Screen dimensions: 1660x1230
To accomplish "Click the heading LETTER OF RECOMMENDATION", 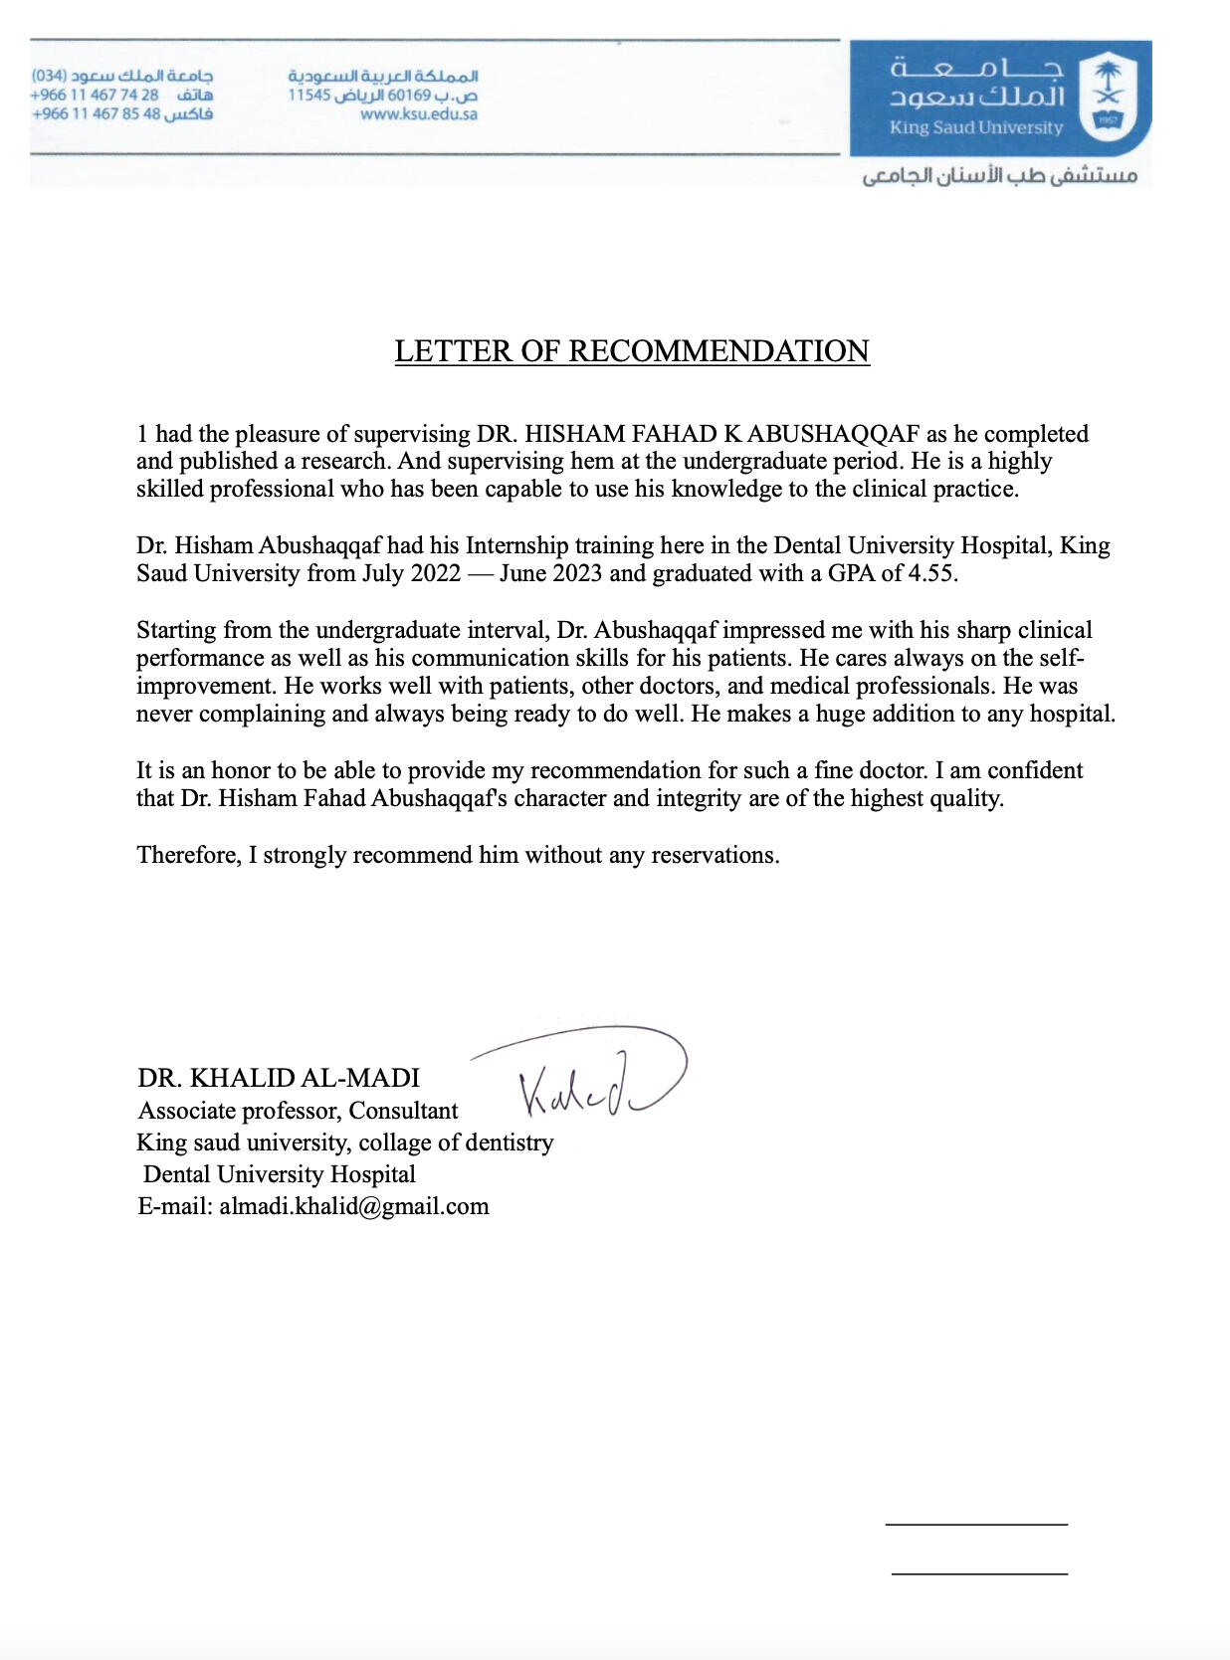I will pos(632,351).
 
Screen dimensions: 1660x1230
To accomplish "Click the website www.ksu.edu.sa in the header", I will pos(419,114).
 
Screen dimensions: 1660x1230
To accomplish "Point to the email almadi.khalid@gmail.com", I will pos(354,1206).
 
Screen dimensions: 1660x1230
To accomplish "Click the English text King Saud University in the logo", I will pos(975,127).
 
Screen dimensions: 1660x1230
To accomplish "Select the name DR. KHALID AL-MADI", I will pos(279,1078).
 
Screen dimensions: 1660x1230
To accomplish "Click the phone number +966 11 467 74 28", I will pos(95,95).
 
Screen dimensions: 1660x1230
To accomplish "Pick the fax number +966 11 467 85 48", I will pos(97,113).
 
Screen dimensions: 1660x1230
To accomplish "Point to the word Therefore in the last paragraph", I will pos(187,855).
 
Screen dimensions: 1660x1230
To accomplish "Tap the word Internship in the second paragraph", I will pos(517,545).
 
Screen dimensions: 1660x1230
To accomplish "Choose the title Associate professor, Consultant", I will pos(299,1111).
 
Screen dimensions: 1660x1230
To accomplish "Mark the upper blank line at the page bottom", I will pos(975,1524).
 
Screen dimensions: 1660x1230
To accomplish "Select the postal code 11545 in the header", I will pos(308,96).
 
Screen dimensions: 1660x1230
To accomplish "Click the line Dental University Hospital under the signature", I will pos(280,1174).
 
